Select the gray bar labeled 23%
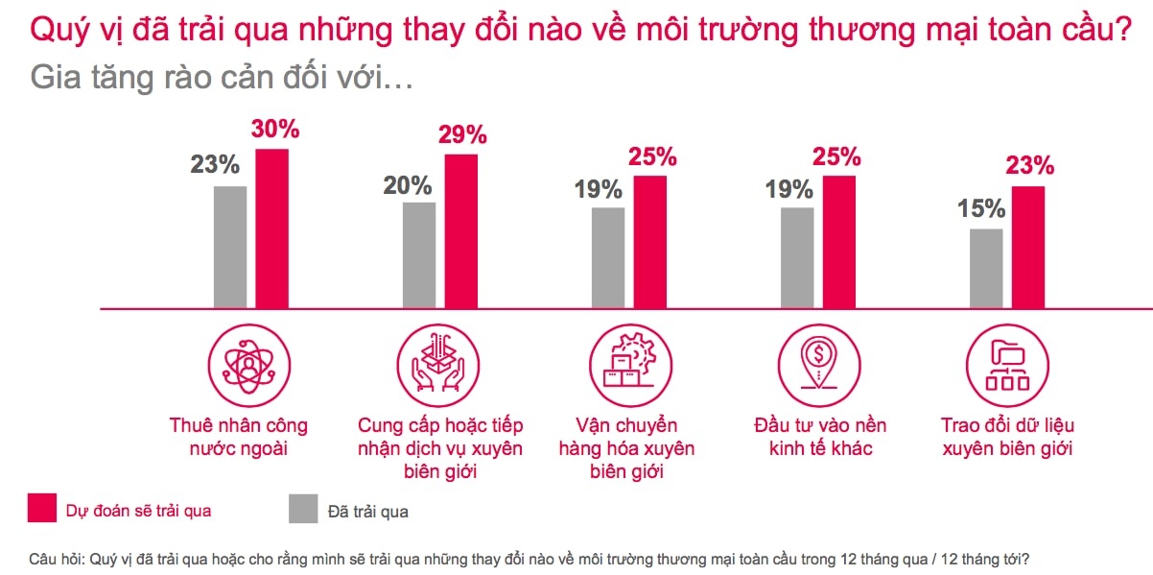230,247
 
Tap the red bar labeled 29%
460,231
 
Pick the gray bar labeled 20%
419,255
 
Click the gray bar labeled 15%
986,269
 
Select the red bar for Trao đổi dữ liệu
1028,248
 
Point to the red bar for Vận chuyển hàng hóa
649,242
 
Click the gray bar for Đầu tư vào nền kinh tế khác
797,258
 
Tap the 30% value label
275,130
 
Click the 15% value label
980,208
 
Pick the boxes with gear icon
626,366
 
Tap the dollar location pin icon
817,366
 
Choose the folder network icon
1006,366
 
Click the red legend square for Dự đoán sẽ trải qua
41,509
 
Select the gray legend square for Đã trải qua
303,509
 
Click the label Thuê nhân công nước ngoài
238,436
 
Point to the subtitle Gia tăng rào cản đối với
222,77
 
